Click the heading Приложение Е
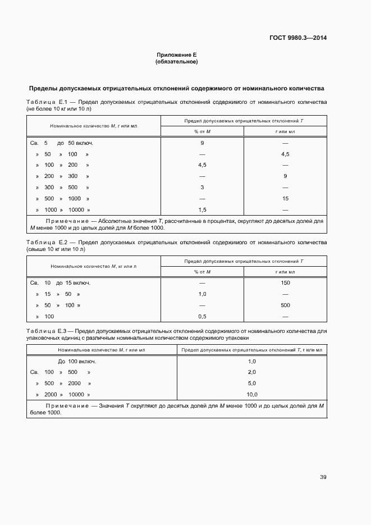click(x=176, y=55)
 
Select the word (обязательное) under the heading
click(x=176, y=62)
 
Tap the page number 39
click(x=323, y=477)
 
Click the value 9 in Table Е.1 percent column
click(x=202, y=143)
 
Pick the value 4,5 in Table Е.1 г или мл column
click(x=285, y=154)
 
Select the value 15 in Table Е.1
click(x=285, y=199)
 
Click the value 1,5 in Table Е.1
click(x=202, y=209)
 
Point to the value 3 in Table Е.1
click(x=202, y=188)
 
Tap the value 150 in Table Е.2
click(x=285, y=283)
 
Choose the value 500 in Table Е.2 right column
click(x=285, y=305)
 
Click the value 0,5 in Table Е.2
click(x=202, y=317)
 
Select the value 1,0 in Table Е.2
click(x=202, y=294)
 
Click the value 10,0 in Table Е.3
click(x=251, y=394)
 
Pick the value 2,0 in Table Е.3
click(x=251, y=372)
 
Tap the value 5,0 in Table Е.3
click(x=251, y=384)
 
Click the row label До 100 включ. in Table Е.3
click(x=77, y=361)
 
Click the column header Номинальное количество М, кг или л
click(x=94, y=266)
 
